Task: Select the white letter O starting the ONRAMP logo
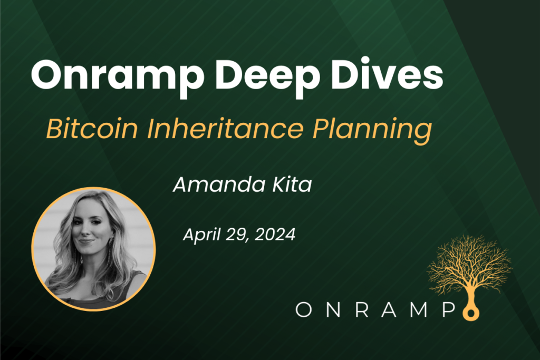[x=304, y=310]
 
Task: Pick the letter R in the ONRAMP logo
[x=358, y=310]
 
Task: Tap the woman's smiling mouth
[x=87, y=243]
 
